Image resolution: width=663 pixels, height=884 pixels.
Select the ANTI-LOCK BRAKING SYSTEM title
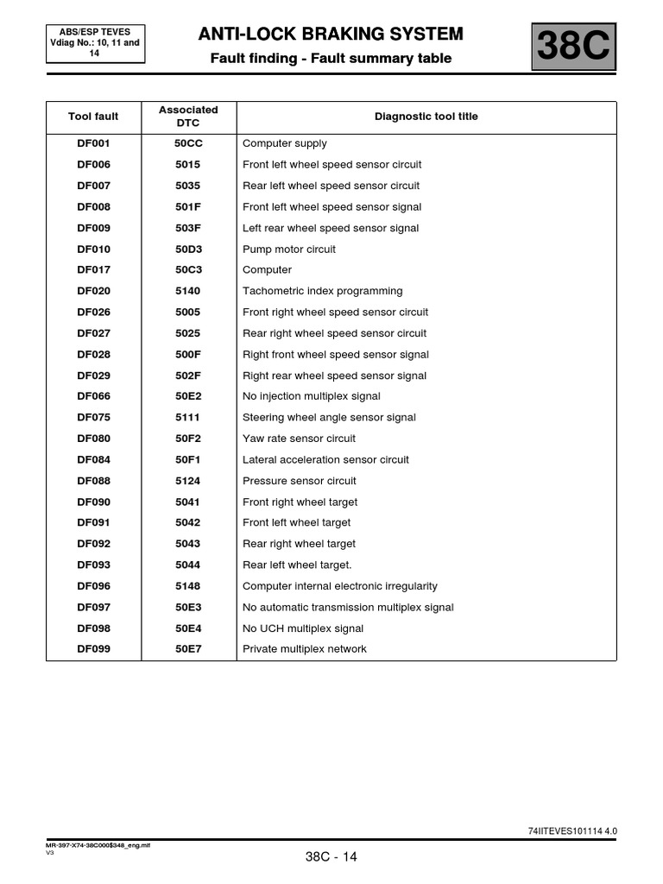[331, 34]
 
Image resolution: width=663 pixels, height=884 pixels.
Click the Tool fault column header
[93, 117]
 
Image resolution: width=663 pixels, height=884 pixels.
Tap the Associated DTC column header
[188, 117]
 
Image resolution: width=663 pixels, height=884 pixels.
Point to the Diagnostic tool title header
[426, 117]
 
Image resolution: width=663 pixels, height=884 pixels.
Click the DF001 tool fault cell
[93, 143]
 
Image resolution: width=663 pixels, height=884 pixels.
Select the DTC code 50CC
[188, 143]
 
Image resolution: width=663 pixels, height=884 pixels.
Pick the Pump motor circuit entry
[289, 249]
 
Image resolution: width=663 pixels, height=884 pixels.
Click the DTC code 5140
[188, 291]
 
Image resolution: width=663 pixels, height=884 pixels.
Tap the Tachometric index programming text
[322, 291]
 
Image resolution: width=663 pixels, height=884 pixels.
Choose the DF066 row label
[93, 396]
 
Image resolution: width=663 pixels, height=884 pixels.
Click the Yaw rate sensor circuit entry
[299, 439]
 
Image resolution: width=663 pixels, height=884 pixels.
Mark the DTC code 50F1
[188, 460]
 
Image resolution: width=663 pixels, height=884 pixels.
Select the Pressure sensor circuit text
[299, 481]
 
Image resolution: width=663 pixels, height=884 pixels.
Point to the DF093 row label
[93, 565]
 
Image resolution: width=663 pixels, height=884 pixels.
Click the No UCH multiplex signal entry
[303, 628]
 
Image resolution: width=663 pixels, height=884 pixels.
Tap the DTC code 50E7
[188, 649]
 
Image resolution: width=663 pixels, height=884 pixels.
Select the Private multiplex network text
[304, 649]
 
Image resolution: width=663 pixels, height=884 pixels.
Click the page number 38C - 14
[331, 857]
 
